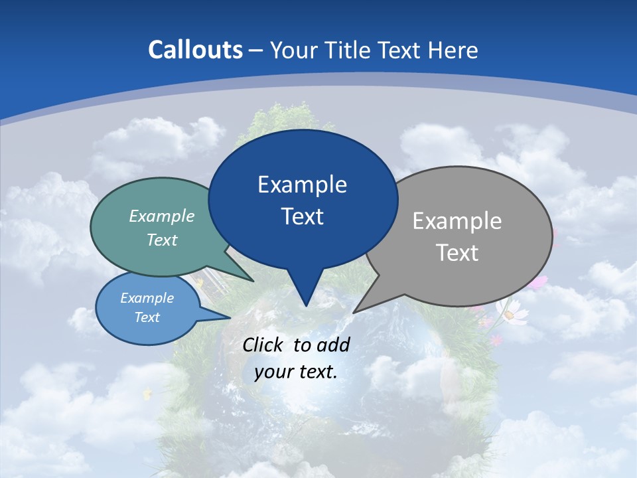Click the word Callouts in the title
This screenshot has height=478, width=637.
[195, 50]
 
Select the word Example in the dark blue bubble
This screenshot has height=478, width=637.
[302, 185]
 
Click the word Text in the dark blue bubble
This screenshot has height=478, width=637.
[302, 216]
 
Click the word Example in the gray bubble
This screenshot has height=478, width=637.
[457, 221]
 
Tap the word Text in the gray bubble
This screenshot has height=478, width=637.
[457, 253]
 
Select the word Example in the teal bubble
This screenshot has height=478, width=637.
[162, 216]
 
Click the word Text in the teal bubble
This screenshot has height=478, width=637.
[162, 240]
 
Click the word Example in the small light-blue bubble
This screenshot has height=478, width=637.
[147, 298]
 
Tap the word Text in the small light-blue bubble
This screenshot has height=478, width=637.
[147, 317]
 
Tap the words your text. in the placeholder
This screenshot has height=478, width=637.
[296, 371]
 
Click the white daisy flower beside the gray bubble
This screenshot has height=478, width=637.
[511, 312]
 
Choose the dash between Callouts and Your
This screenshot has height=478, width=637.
[256, 50]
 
